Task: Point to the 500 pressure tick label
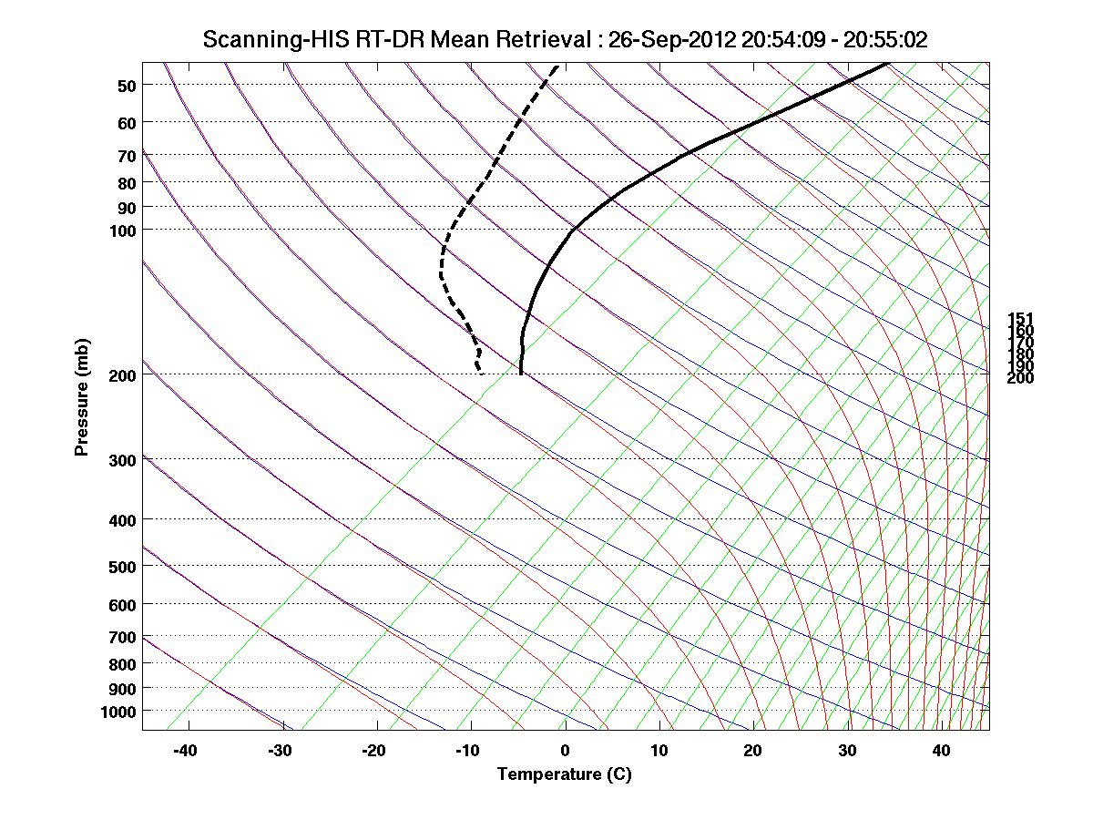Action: click(122, 567)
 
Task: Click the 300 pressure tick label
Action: click(122, 460)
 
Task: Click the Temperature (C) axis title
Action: click(564, 774)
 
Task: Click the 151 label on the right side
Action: click(1020, 319)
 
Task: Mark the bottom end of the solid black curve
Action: click(520, 374)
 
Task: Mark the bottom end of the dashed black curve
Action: click(480, 373)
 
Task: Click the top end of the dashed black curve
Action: click(557, 65)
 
